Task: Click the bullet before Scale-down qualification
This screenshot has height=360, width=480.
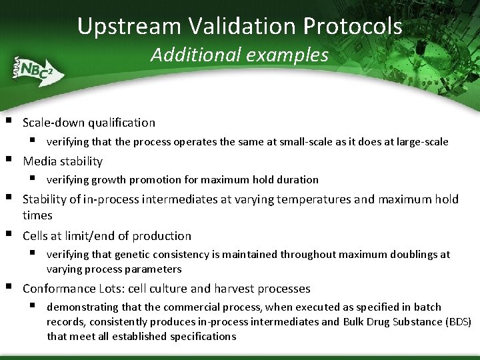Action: [x=8, y=122]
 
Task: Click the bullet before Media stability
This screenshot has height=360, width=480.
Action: [x=8, y=160]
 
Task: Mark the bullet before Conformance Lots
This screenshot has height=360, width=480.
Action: [x=8, y=288]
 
